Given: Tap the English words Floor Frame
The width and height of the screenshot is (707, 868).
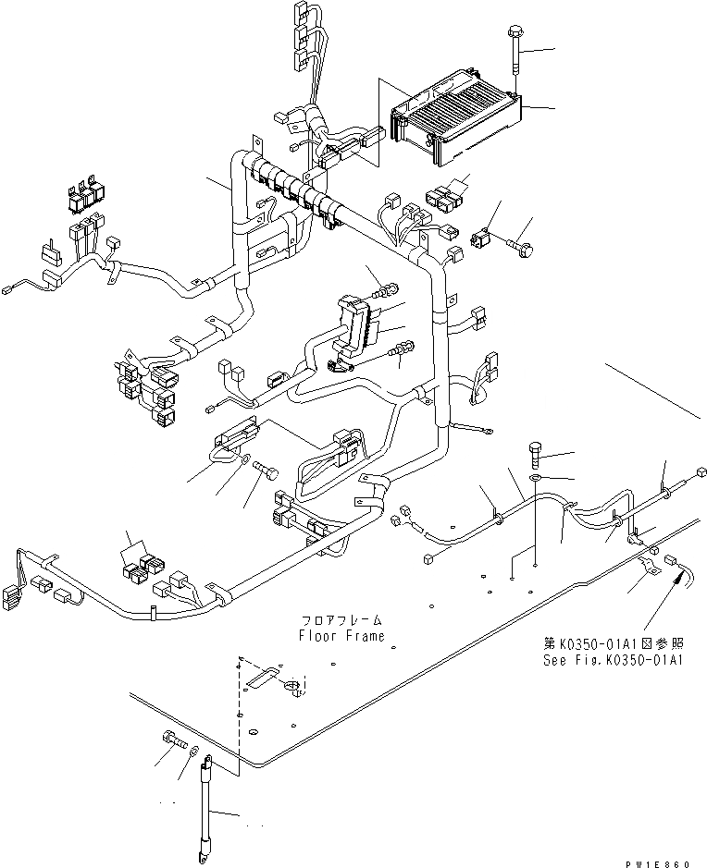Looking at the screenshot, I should (341, 636).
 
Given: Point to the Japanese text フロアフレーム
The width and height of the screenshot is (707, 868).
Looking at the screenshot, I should (341, 620).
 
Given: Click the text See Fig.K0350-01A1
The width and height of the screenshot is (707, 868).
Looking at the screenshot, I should (613, 661).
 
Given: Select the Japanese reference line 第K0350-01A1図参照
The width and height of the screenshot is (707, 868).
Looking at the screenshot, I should (613, 644).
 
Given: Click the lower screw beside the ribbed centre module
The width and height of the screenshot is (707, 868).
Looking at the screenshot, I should (402, 350).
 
